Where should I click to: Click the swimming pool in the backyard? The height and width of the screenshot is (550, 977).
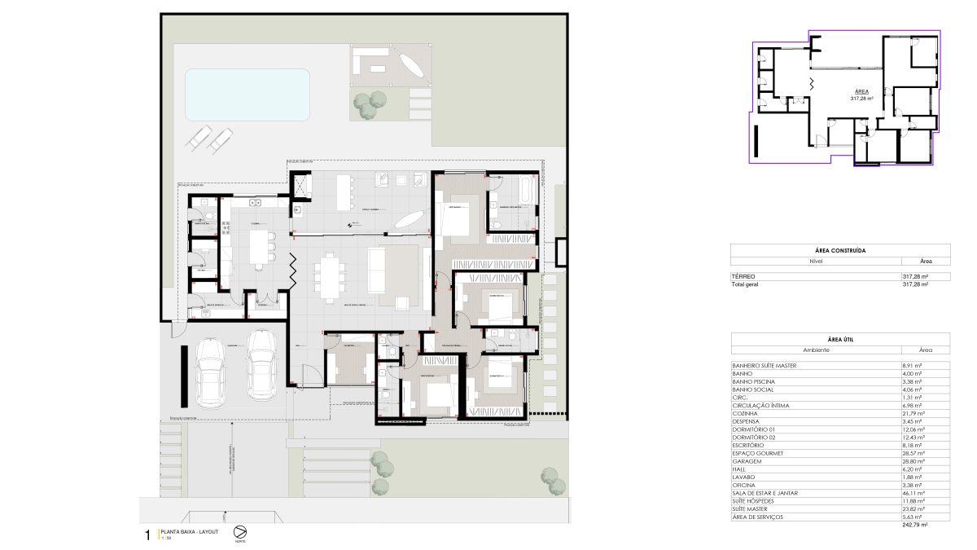(x=248, y=94)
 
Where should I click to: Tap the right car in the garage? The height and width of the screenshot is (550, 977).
(x=261, y=366)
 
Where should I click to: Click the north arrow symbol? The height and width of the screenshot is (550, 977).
(x=240, y=531)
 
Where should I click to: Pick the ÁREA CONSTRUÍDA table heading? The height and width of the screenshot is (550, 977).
(x=839, y=251)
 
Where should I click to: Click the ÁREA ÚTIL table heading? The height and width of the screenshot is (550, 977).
(x=839, y=339)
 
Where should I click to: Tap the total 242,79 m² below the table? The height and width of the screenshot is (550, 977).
(x=915, y=526)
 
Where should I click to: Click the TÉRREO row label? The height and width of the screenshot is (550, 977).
(x=743, y=277)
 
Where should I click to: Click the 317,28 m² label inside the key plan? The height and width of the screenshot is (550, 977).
(x=861, y=98)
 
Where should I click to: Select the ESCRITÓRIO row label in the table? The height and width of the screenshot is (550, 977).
(x=748, y=445)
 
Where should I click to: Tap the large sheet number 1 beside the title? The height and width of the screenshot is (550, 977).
(x=147, y=535)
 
